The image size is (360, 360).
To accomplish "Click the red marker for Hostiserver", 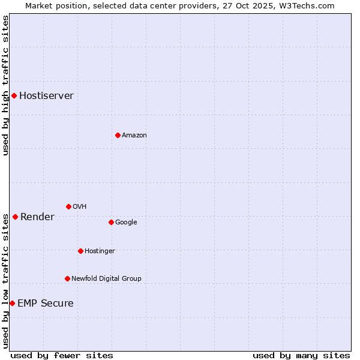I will [14, 95].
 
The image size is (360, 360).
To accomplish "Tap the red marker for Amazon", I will [118, 135].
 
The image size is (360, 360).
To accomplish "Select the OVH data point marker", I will [68, 206].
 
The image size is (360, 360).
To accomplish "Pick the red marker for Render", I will [15, 217].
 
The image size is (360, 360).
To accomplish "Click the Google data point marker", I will [111, 222].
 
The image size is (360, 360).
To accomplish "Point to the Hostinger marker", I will [80, 251].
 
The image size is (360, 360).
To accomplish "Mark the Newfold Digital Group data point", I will [67, 278].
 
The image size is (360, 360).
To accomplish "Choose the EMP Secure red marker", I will [12, 303].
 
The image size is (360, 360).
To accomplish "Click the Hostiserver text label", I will [46, 96].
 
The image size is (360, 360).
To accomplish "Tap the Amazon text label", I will [134, 136].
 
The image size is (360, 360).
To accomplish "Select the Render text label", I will [37, 217].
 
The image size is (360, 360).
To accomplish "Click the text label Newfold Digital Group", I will [106, 279].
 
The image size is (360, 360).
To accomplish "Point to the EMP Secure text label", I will [45, 304].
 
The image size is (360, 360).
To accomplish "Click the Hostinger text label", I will [100, 251].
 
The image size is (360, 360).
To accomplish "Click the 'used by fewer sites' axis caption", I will [62, 355].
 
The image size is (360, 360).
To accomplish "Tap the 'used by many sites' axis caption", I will [301, 355].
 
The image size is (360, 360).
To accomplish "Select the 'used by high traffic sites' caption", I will [5, 85].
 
